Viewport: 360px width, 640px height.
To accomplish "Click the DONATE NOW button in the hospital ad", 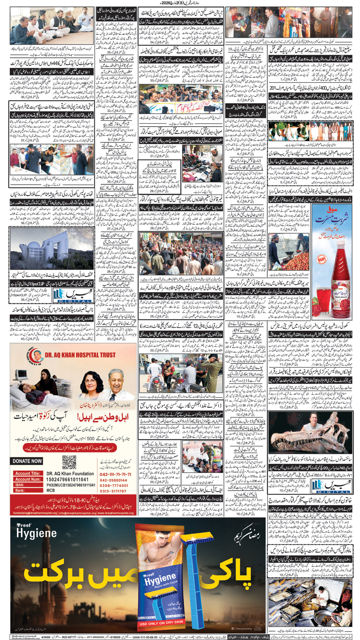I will click(x=27, y=461).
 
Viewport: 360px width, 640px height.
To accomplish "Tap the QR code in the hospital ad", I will click(x=69, y=462).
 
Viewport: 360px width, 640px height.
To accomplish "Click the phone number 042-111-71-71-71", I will click(x=115, y=474).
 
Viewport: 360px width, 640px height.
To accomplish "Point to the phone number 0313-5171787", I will click(x=113, y=491).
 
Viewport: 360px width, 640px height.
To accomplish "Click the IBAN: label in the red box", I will click(x=20, y=485).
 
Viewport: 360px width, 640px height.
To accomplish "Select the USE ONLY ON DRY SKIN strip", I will click(x=161, y=623).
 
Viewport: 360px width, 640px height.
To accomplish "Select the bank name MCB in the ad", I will click(x=51, y=490).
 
